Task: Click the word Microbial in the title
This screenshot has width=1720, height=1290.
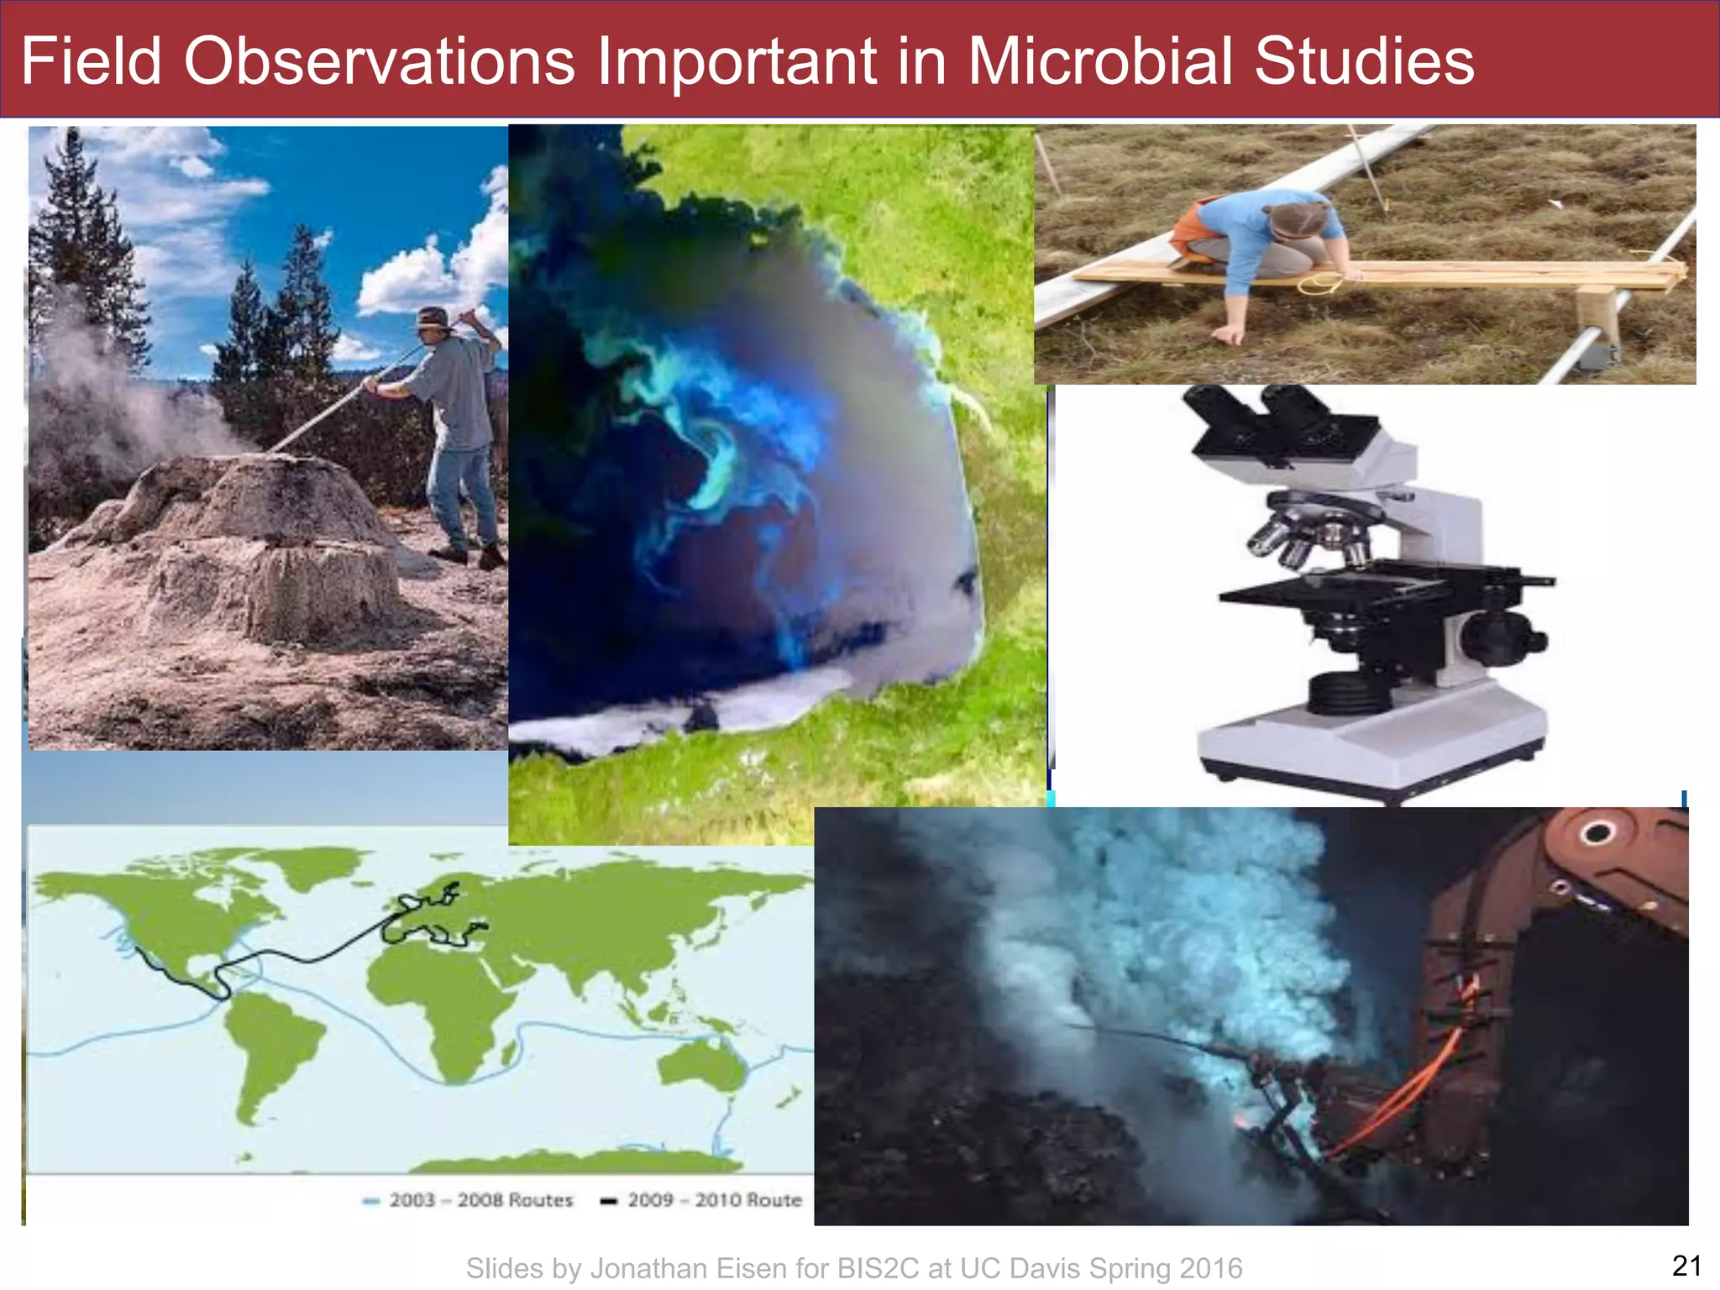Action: coord(1101,61)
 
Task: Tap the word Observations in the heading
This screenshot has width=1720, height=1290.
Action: coord(379,61)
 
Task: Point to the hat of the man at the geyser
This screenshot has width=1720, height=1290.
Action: coord(434,317)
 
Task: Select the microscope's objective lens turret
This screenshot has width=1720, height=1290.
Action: coord(1310,529)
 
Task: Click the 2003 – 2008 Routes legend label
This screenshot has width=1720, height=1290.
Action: coord(480,1200)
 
